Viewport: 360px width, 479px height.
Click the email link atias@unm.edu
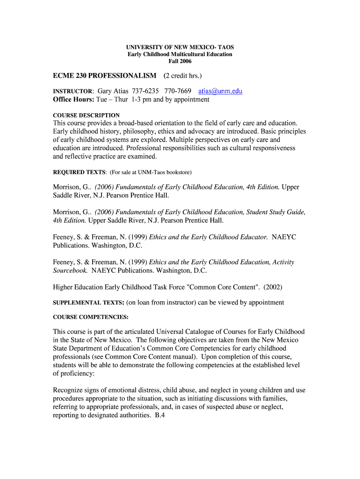pos(220,91)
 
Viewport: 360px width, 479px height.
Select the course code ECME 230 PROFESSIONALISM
pos(105,76)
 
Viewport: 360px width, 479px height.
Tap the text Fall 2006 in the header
pos(180,61)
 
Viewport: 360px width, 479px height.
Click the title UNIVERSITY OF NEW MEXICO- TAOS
pos(180,48)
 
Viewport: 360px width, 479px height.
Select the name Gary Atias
pos(112,91)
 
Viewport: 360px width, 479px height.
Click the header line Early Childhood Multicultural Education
pos(180,54)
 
